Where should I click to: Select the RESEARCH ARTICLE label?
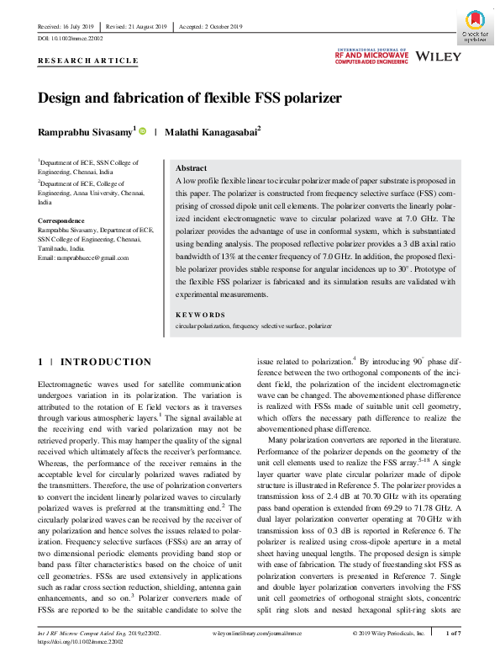87,61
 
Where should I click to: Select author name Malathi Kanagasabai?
213,131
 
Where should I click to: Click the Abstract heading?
192,168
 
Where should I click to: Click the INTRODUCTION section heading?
107,363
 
